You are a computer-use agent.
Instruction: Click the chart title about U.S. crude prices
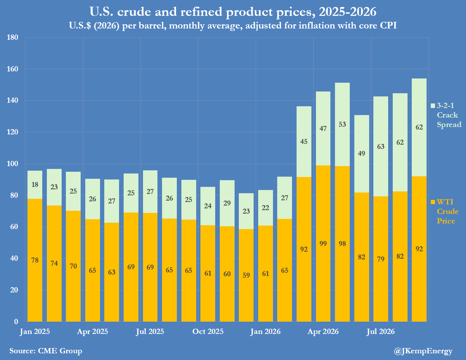point(233,12)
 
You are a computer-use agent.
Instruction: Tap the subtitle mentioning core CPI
point(233,26)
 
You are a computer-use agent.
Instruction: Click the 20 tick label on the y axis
point(14,290)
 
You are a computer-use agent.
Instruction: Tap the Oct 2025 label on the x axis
point(208,331)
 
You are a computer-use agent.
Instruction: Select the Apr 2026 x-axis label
point(323,331)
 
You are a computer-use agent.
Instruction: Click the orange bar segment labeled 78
point(35,260)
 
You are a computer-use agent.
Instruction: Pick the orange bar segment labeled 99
point(323,244)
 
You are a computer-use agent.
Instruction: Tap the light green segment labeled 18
point(35,185)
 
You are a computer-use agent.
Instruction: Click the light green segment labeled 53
point(342,125)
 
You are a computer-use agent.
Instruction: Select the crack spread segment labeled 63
point(381,146)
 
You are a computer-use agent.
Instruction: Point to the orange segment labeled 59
point(246,275)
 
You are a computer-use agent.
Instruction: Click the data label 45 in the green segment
point(304,141)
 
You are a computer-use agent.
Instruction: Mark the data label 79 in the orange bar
point(381,259)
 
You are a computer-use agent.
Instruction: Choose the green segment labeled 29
point(227,203)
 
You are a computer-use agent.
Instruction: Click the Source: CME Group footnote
point(46,351)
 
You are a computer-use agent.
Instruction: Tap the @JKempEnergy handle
point(423,351)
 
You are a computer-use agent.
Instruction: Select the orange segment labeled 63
point(112,272)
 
